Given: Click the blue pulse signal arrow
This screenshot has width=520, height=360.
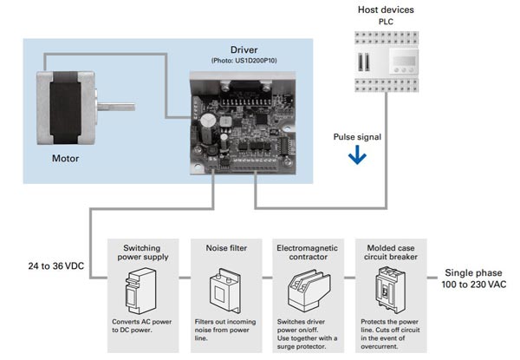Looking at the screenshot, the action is pyautogui.click(x=357, y=155).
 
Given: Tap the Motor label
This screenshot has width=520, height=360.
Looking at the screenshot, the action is pyautogui.click(x=65, y=158).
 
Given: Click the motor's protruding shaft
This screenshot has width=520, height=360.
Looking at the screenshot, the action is pyautogui.click(x=116, y=107).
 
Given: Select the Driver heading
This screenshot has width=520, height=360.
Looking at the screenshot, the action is pyautogui.click(x=244, y=49).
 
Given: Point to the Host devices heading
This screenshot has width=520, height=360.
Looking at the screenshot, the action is pyautogui.click(x=386, y=10).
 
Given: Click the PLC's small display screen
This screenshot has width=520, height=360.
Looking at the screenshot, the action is pyautogui.click(x=404, y=61).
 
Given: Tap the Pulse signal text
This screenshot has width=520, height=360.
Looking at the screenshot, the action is pyautogui.click(x=357, y=137).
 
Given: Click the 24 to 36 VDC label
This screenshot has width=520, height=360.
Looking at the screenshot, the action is pyautogui.click(x=56, y=266).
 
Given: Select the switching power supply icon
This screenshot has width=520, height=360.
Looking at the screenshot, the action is pyautogui.click(x=140, y=291).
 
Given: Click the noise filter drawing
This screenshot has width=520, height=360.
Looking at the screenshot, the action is pyautogui.click(x=225, y=291).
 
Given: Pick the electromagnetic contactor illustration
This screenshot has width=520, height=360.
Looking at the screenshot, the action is pyautogui.click(x=309, y=291).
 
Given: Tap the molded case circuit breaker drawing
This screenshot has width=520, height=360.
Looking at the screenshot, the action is pyautogui.click(x=390, y=291).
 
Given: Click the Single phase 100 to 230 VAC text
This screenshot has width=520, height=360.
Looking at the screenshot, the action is pyautogui.click(x=473, y=278).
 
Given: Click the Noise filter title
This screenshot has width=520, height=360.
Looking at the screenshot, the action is pyautogui.click(x=226, y=248).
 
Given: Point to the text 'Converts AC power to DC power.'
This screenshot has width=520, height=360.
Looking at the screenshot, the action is pyautogui.click(x=141, y=326).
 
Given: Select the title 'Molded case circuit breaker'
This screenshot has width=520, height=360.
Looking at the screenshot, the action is pyautogui.click(x=391, y=252).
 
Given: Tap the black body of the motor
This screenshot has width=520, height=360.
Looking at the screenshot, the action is pyautogui.click(x=65, y=108).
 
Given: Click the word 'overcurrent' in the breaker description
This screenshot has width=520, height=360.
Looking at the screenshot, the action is pyautogui.click(x=379, y=346).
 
